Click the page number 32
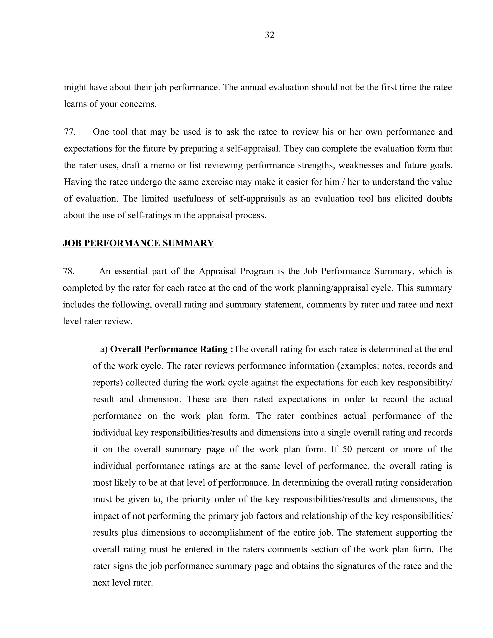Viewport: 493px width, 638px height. (x=269, y=35)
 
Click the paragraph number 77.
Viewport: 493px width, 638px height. (x=70, y=132)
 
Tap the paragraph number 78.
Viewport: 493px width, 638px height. (x=69, y=271)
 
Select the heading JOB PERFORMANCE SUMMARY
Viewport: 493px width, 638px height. (x=138, y=243)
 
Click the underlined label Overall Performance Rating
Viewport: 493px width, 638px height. (x=171, y=349)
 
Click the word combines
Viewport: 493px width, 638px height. (x=319, y=416)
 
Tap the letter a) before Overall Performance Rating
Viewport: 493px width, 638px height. (x=104, y=349)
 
